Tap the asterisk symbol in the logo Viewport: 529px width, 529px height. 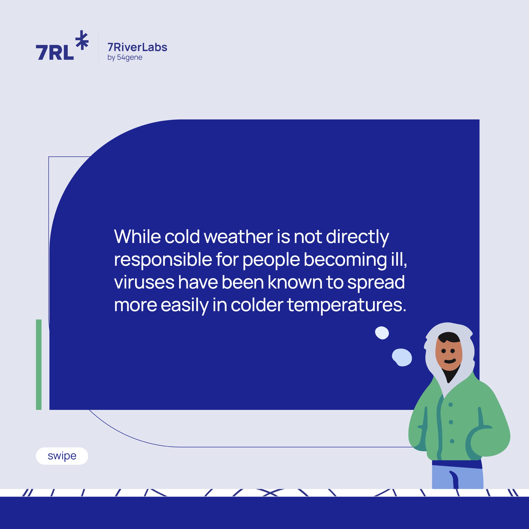[x=82, y=40]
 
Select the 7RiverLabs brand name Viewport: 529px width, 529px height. [x=137, y=47]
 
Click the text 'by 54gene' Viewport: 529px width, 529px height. [x=125, y=58]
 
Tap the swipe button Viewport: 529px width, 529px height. [x=62, y=456]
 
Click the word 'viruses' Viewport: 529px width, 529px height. [x=144, y=283]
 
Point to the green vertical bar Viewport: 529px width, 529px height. [x=38, y=365]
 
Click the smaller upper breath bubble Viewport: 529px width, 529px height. [x=382, y=333]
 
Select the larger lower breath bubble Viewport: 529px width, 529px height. [x=402, y=357]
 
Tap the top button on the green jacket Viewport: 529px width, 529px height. [x=451, y=405]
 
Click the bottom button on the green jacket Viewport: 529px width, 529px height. [x=452, y=441]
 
